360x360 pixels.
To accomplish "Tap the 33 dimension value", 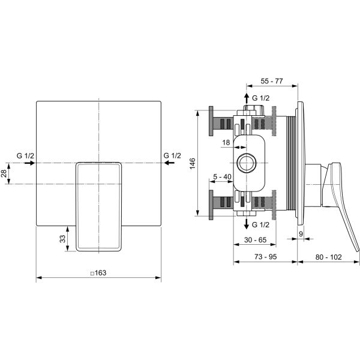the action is (62, 239).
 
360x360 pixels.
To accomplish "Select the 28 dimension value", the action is (4, 173).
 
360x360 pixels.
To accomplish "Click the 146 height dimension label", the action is (193, 163).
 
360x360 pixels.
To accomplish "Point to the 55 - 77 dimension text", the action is (272, 81).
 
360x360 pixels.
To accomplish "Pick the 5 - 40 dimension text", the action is (222, 177).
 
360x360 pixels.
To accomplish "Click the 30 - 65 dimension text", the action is (256, 239).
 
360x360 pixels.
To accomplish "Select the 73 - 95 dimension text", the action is (266, 257).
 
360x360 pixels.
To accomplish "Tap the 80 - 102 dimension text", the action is (329, 257).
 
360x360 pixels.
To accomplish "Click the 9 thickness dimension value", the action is (301, 234).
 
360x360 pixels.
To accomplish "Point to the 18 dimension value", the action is (226, 143).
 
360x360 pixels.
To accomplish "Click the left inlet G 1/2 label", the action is (25, 155).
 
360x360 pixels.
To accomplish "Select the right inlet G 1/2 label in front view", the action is (172, 155).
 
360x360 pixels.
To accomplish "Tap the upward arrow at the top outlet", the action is (247, 98).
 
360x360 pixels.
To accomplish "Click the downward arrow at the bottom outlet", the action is (247, 224).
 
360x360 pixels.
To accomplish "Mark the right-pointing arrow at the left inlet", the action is (29, 163).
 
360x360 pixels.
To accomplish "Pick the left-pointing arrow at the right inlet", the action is (169, 163).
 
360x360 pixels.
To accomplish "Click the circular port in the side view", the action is (247, 163).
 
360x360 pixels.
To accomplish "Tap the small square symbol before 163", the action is (92, 273).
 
